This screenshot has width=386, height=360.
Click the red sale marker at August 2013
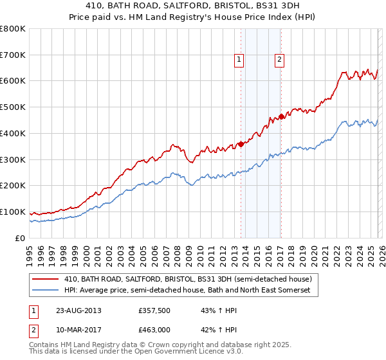[x=241, y=144]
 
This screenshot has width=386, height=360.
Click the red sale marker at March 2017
[x=281, y=116]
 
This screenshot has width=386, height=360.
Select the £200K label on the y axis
[x=13, y=186]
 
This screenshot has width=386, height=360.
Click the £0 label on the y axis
[x=19, y=238]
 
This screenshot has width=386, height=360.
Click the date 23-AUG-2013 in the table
[x=78, y=310]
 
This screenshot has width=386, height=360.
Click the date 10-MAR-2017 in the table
[x=78, y=330]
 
